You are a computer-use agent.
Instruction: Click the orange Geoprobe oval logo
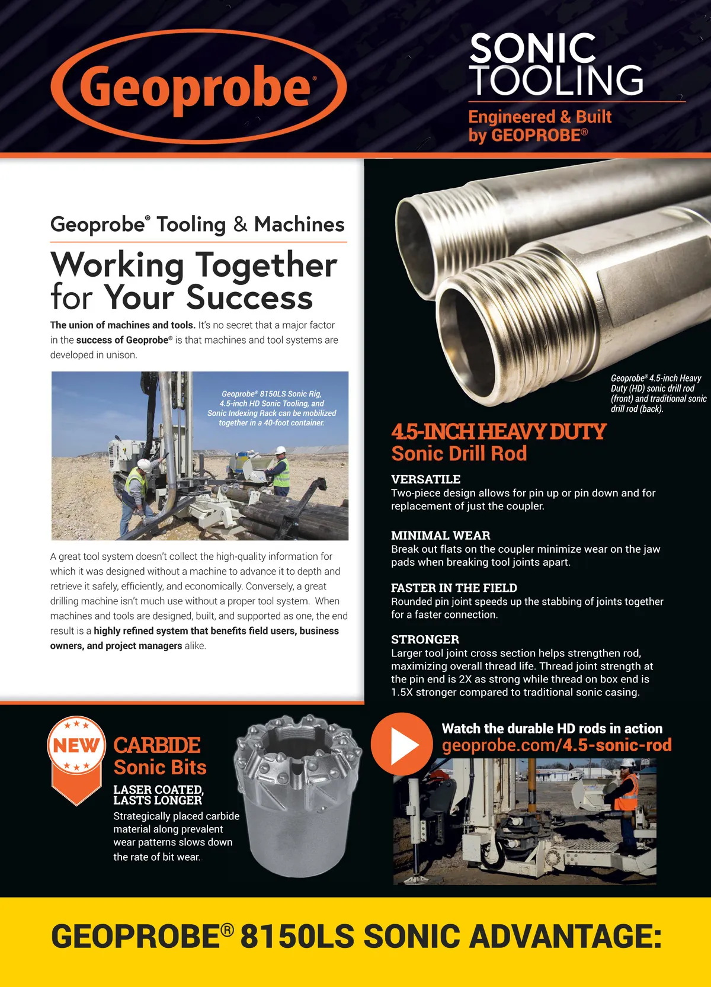click(198, 86)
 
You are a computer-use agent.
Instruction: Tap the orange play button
click(402, 744)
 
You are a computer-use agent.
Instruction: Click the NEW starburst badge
click(76, 745)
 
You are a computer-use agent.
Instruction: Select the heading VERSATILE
click(425, 479)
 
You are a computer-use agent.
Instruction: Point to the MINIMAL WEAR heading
click(440, 536)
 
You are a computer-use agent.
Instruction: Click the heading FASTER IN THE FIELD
click(454, 588)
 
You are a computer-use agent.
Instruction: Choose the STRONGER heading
click(425, 639)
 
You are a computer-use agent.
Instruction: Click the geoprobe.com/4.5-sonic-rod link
click(556, 745)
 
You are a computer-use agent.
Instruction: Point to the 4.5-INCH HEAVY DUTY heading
click(498, 431)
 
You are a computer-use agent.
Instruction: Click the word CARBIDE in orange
click(157, 745)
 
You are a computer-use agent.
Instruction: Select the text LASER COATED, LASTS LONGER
click(158, 795)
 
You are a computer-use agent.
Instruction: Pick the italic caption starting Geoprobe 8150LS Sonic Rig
click(271, 408)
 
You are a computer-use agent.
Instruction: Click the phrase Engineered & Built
click(540, 117)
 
